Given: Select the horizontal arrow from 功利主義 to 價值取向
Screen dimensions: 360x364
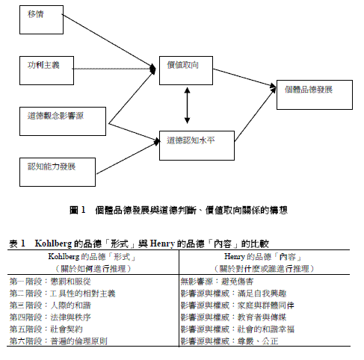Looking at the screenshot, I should [x=116, y=68].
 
